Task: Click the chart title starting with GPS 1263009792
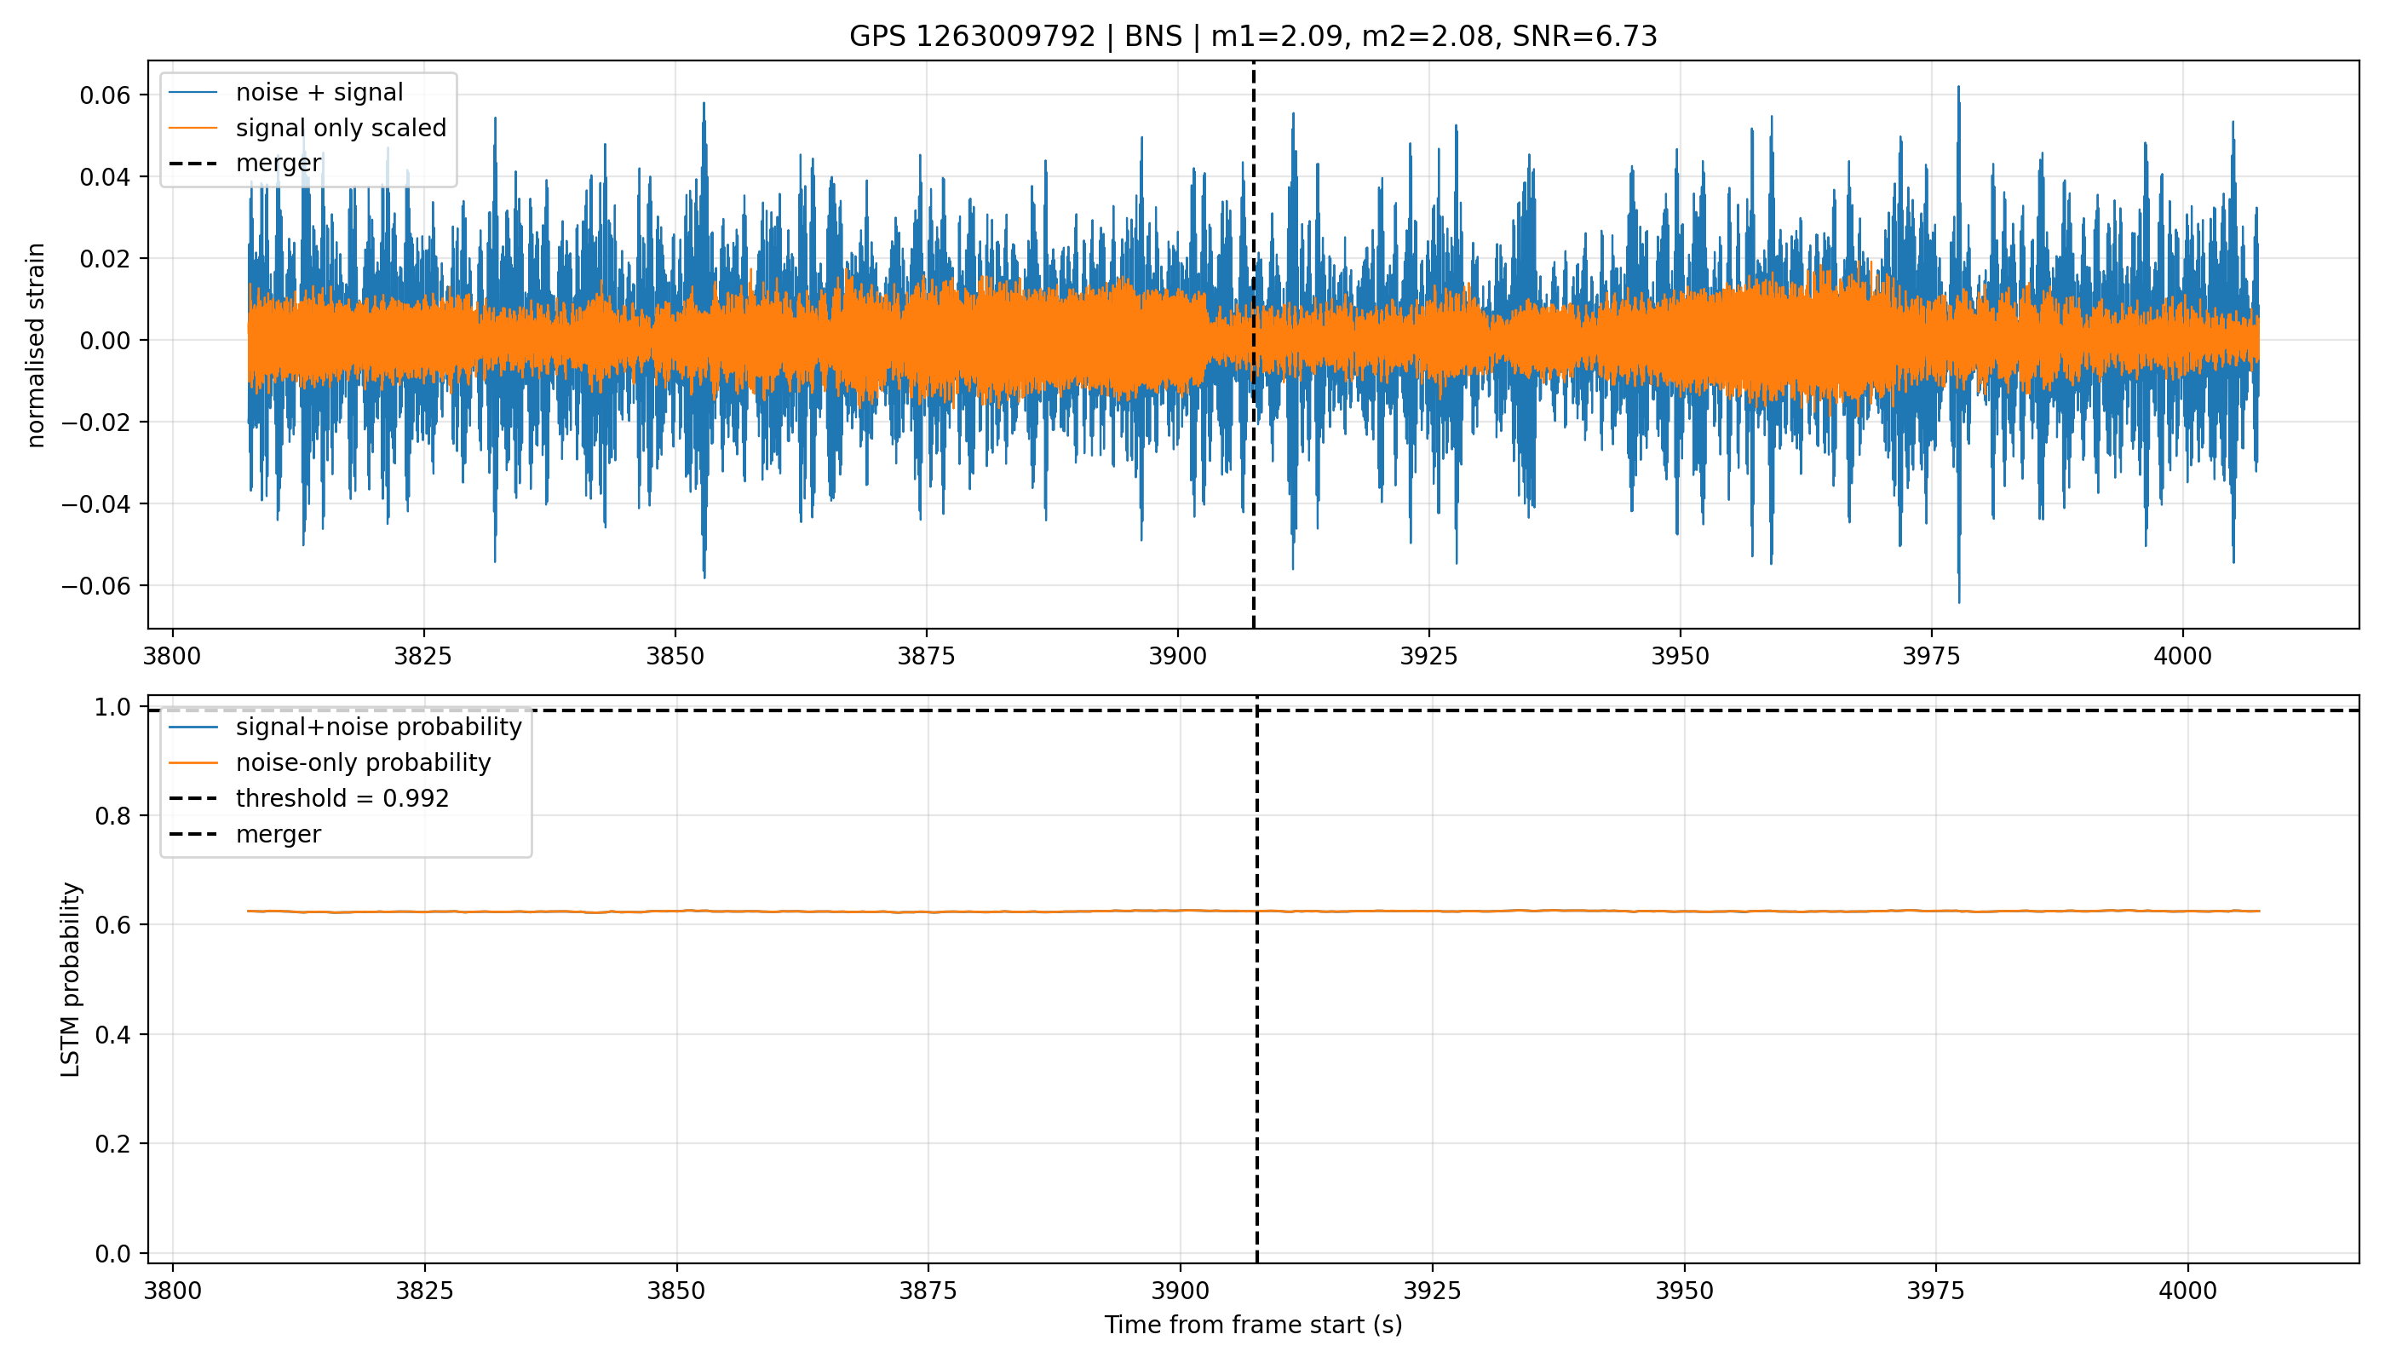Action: tap(1252, 37)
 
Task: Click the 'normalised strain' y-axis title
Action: tap(36, 345)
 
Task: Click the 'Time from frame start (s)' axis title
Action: tap(1252, 1326)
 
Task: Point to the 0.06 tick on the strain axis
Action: tap(106, 95)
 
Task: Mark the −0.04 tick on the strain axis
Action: tap(96, 504)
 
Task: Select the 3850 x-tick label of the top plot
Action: tap(675, 656)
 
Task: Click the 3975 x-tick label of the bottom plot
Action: tap(1937, 1291)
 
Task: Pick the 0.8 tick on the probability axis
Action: tap(113, 816)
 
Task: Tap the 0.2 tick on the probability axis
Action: tap(113, 1144)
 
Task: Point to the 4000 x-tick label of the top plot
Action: tap(2182, 656)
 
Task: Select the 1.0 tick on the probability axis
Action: tap(113, 707)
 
